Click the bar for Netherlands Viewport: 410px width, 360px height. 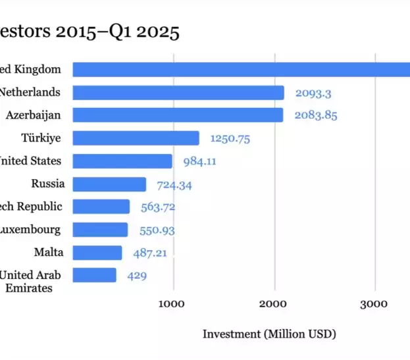178,93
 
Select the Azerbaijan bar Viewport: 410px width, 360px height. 178,115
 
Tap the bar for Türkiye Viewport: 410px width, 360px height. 136,138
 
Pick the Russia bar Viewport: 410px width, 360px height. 109,184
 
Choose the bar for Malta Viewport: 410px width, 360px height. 97,253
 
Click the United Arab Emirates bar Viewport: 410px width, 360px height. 94,275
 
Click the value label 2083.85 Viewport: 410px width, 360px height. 316,116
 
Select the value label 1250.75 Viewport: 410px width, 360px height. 230,139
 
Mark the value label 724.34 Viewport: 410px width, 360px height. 174,185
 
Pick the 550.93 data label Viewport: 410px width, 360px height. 157,230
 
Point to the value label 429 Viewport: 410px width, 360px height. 137,276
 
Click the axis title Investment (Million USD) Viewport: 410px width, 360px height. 269,334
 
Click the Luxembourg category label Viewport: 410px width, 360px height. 30,230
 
